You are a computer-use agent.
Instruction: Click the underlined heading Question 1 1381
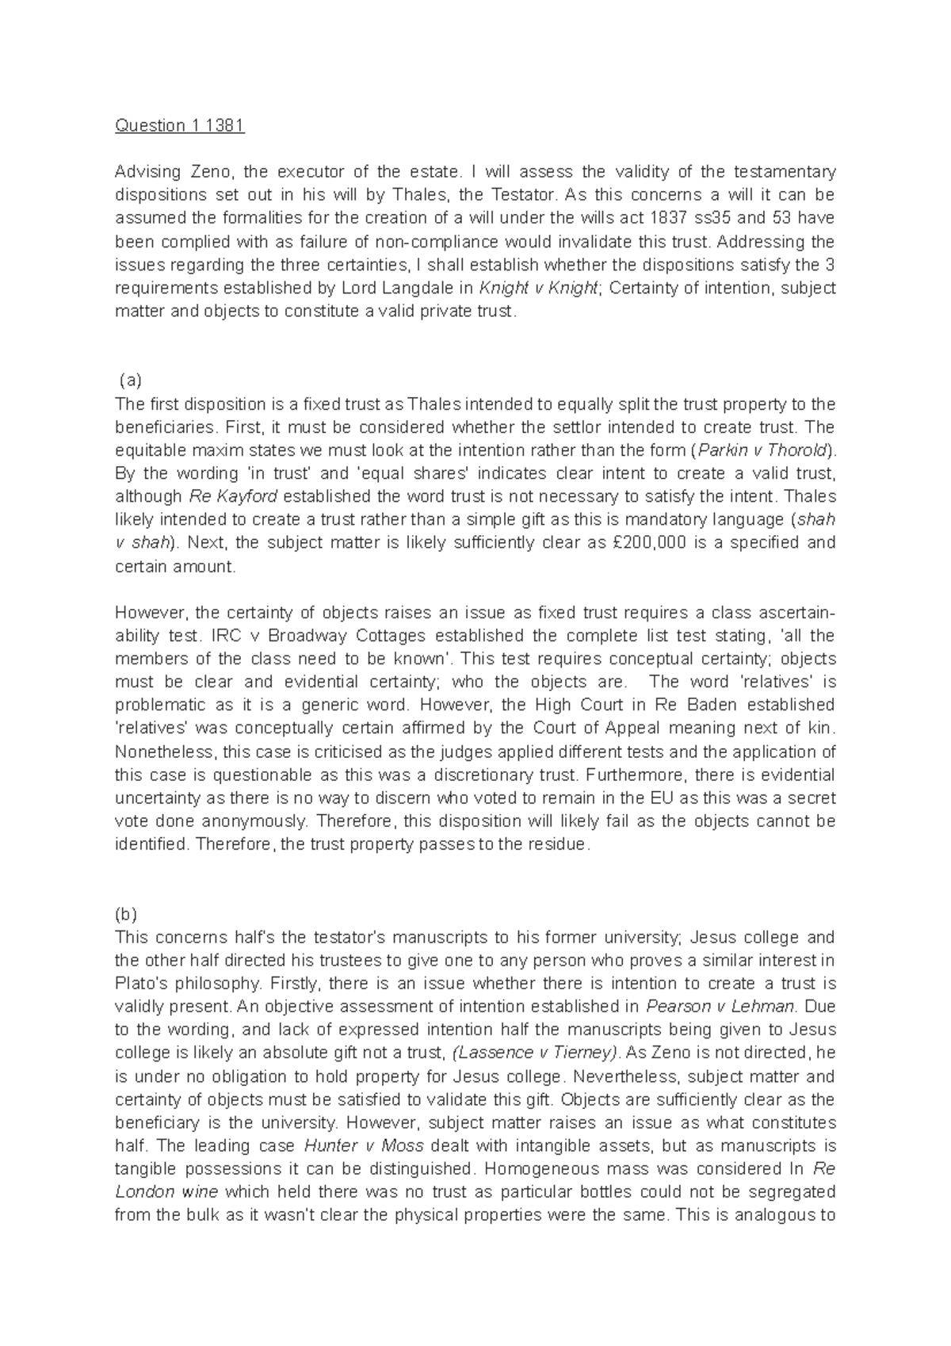pyautogui.click(x=180, y=125)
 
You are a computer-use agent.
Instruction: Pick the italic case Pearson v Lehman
pyautogui.click(x=720, y=1007)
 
